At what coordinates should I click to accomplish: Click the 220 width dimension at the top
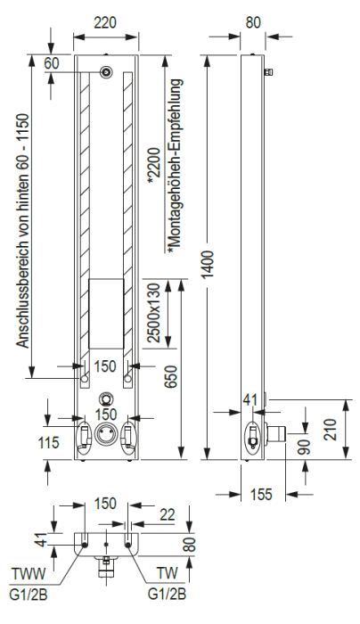[105, 22]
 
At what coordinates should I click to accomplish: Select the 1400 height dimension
[209, 264]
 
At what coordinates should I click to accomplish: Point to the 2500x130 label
[153, 312]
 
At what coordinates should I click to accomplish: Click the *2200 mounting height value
[153, 167]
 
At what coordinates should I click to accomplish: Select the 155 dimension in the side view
[261, 494]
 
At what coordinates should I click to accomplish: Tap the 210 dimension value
[331, 429]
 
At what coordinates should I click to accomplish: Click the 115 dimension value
[48, 442]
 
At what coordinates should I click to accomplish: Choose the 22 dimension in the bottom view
[167, 514]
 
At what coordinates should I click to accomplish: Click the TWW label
[29, 574]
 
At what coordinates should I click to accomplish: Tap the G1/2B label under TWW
[29, 595]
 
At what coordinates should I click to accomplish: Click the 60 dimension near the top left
[52, 63]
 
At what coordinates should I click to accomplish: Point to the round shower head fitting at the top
[106, 72]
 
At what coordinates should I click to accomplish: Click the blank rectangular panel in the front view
[106, 314]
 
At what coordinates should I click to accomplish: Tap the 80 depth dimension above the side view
[253, 22]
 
